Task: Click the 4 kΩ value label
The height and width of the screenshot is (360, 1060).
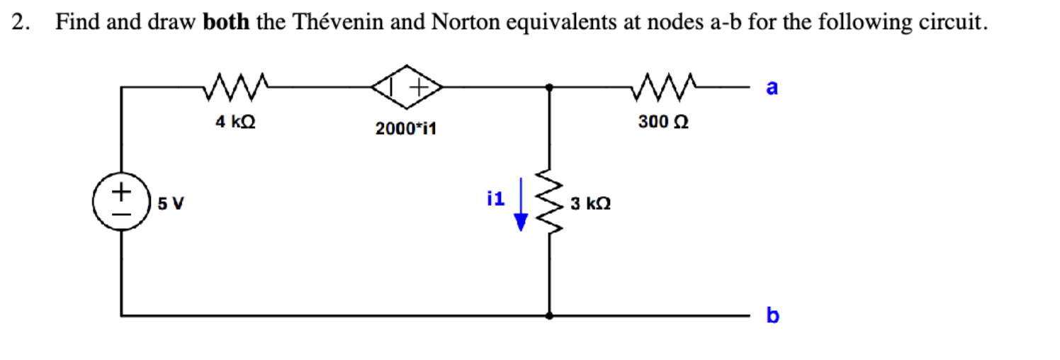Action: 235,122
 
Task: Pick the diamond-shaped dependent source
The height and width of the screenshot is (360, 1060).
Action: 407,86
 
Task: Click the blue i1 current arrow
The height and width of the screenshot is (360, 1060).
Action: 521,206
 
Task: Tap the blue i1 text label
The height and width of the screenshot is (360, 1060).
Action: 496,199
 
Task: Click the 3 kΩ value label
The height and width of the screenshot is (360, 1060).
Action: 590,204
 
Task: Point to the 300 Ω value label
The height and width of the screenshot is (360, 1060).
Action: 663,122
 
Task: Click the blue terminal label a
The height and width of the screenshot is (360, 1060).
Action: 772,88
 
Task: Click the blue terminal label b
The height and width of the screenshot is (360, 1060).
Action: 772,315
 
